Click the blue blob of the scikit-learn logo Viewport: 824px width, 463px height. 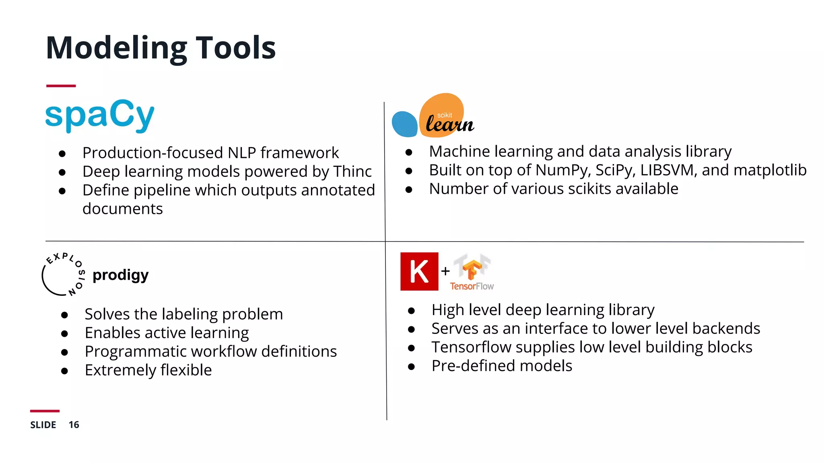(404, 124)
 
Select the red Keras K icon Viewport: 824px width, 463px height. (419, 271)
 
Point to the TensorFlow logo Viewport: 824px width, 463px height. (472, 272)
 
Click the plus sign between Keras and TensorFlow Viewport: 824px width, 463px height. (445, 271)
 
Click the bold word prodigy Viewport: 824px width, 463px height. (120, 275)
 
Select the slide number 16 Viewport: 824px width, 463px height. (74, 425)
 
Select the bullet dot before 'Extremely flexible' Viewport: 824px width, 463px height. (64, 371)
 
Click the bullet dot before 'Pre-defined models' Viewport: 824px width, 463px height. (411, 367)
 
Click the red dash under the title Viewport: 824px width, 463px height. (61, 86)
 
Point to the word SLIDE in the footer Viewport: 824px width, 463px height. (43, 425)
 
